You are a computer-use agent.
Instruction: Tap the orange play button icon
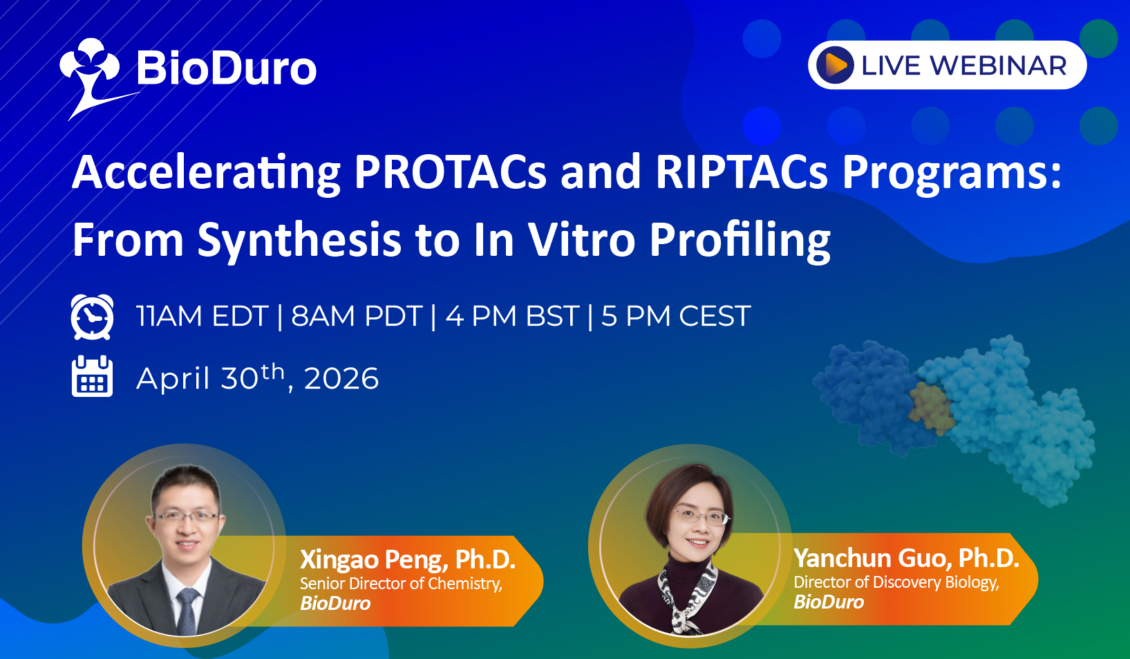tap(835, 65)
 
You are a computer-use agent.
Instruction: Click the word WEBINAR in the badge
tap(998, 66)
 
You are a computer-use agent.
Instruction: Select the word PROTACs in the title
tap(450, 172)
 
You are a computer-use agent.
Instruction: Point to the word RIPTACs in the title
tap(742, 172)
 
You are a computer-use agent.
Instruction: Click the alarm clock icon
tap(93, 317)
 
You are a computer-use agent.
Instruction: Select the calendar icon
tap(93, 376)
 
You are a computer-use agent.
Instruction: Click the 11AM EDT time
tap(202, 317)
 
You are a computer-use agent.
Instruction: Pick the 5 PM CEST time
tap(676, 317)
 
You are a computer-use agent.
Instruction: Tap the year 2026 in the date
tap(341, 378)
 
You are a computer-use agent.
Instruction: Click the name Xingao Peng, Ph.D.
tap(408, 559)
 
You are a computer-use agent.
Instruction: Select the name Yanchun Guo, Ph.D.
tap(907, 558)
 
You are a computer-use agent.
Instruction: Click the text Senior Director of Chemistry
tap(401, 584)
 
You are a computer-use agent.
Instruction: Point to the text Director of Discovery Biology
tap(896, 582)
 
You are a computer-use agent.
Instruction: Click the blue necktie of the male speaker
tap(187, 611)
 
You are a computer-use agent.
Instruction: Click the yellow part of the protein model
tap(931, 408)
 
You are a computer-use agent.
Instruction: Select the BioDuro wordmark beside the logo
tap(227, 68)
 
